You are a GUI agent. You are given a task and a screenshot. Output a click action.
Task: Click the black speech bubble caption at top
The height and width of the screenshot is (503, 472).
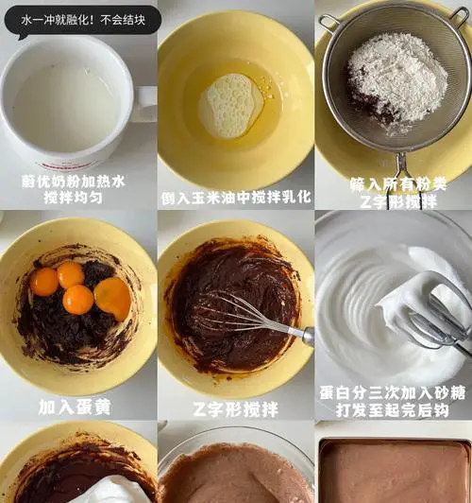[82, 21]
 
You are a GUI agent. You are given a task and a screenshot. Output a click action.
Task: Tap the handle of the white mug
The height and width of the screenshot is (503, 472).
[145, 103]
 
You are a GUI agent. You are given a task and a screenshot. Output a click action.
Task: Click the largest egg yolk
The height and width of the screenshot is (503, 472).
[112, 299]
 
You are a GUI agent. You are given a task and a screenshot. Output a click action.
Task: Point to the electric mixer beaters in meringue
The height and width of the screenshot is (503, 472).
[439, 313]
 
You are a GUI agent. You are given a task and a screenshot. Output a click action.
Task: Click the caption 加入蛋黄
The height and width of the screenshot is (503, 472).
[75, 408]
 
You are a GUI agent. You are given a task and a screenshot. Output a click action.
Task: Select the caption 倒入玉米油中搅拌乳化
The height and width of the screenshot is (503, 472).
[236, 198]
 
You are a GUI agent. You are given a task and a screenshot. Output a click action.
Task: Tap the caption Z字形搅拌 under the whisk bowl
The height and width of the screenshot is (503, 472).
[236, 409]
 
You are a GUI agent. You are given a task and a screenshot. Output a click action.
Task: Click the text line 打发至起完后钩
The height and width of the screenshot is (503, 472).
[393, 410]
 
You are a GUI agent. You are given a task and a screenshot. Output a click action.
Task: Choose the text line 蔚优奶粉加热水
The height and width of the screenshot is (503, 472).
[74, 182]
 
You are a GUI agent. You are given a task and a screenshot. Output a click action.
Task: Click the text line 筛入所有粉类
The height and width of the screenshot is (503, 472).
[398, 184]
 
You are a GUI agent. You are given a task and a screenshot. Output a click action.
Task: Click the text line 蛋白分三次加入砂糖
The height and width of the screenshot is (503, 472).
[393, 393]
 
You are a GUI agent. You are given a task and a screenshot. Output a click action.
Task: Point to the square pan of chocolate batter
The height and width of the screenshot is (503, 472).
[396, 471]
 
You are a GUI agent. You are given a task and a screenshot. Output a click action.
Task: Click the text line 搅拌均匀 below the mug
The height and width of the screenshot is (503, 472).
[74, 198]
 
